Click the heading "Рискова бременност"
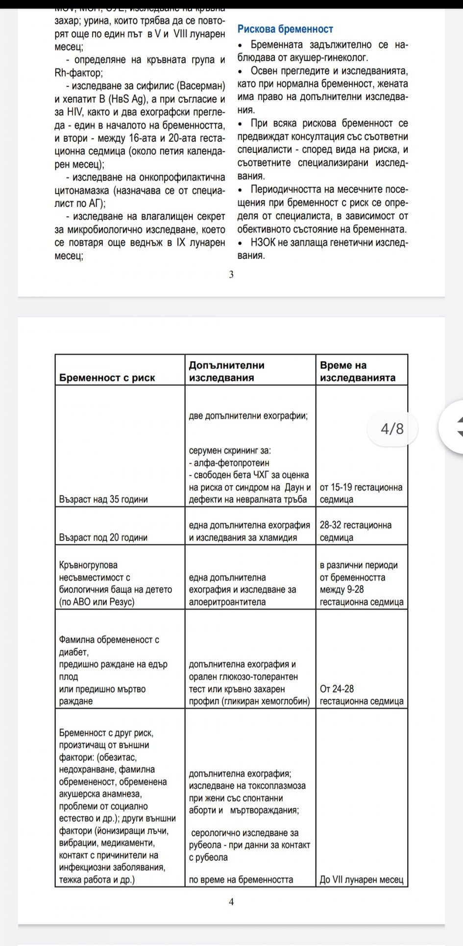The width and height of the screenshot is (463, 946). click(x=285, y=29)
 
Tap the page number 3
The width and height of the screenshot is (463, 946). click(x=231, y=275)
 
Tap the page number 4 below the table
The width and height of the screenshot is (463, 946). click(x=231, y=901)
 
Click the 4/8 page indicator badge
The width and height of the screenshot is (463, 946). click(x=392, y=429)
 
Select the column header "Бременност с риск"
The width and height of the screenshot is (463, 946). click(x=107, y=378)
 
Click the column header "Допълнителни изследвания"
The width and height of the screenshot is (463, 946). click(x=226, y=371)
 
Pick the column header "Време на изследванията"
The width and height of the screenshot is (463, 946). click(x=357, y=371)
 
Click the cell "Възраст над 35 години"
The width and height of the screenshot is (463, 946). click(x=103, y=499)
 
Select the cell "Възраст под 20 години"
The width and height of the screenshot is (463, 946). click(x=103, y=537)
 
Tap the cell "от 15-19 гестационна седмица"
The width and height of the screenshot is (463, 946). click(x=361, y=493)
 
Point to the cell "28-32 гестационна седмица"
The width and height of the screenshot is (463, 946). click(x=356, y=531)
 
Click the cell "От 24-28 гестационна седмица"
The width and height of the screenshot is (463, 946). click(x=361, y=695)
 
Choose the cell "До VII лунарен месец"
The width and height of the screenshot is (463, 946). click(x=362, y=879)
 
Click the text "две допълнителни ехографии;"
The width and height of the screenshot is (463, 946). click(x=248, y=416)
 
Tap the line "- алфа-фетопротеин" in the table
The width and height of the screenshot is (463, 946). click(x=229, y=462)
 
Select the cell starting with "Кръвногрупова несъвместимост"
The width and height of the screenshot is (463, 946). click(x=115, y=583)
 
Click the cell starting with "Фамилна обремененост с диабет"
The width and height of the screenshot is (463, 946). click(x=113, y=670)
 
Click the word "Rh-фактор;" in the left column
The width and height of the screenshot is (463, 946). click(x=78, y=73)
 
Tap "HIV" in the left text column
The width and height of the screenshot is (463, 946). click(x=63, y=112)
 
